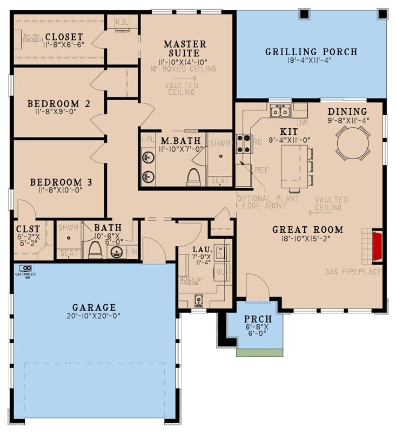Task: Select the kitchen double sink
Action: coord(280,111)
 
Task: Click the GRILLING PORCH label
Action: coord(311,52)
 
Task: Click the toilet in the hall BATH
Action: coord(95,249)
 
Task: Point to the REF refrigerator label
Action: coord(261,169)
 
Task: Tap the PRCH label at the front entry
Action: coord(253,319)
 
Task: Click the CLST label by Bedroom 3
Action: coord(24,228)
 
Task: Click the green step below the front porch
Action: coord(259,352)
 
